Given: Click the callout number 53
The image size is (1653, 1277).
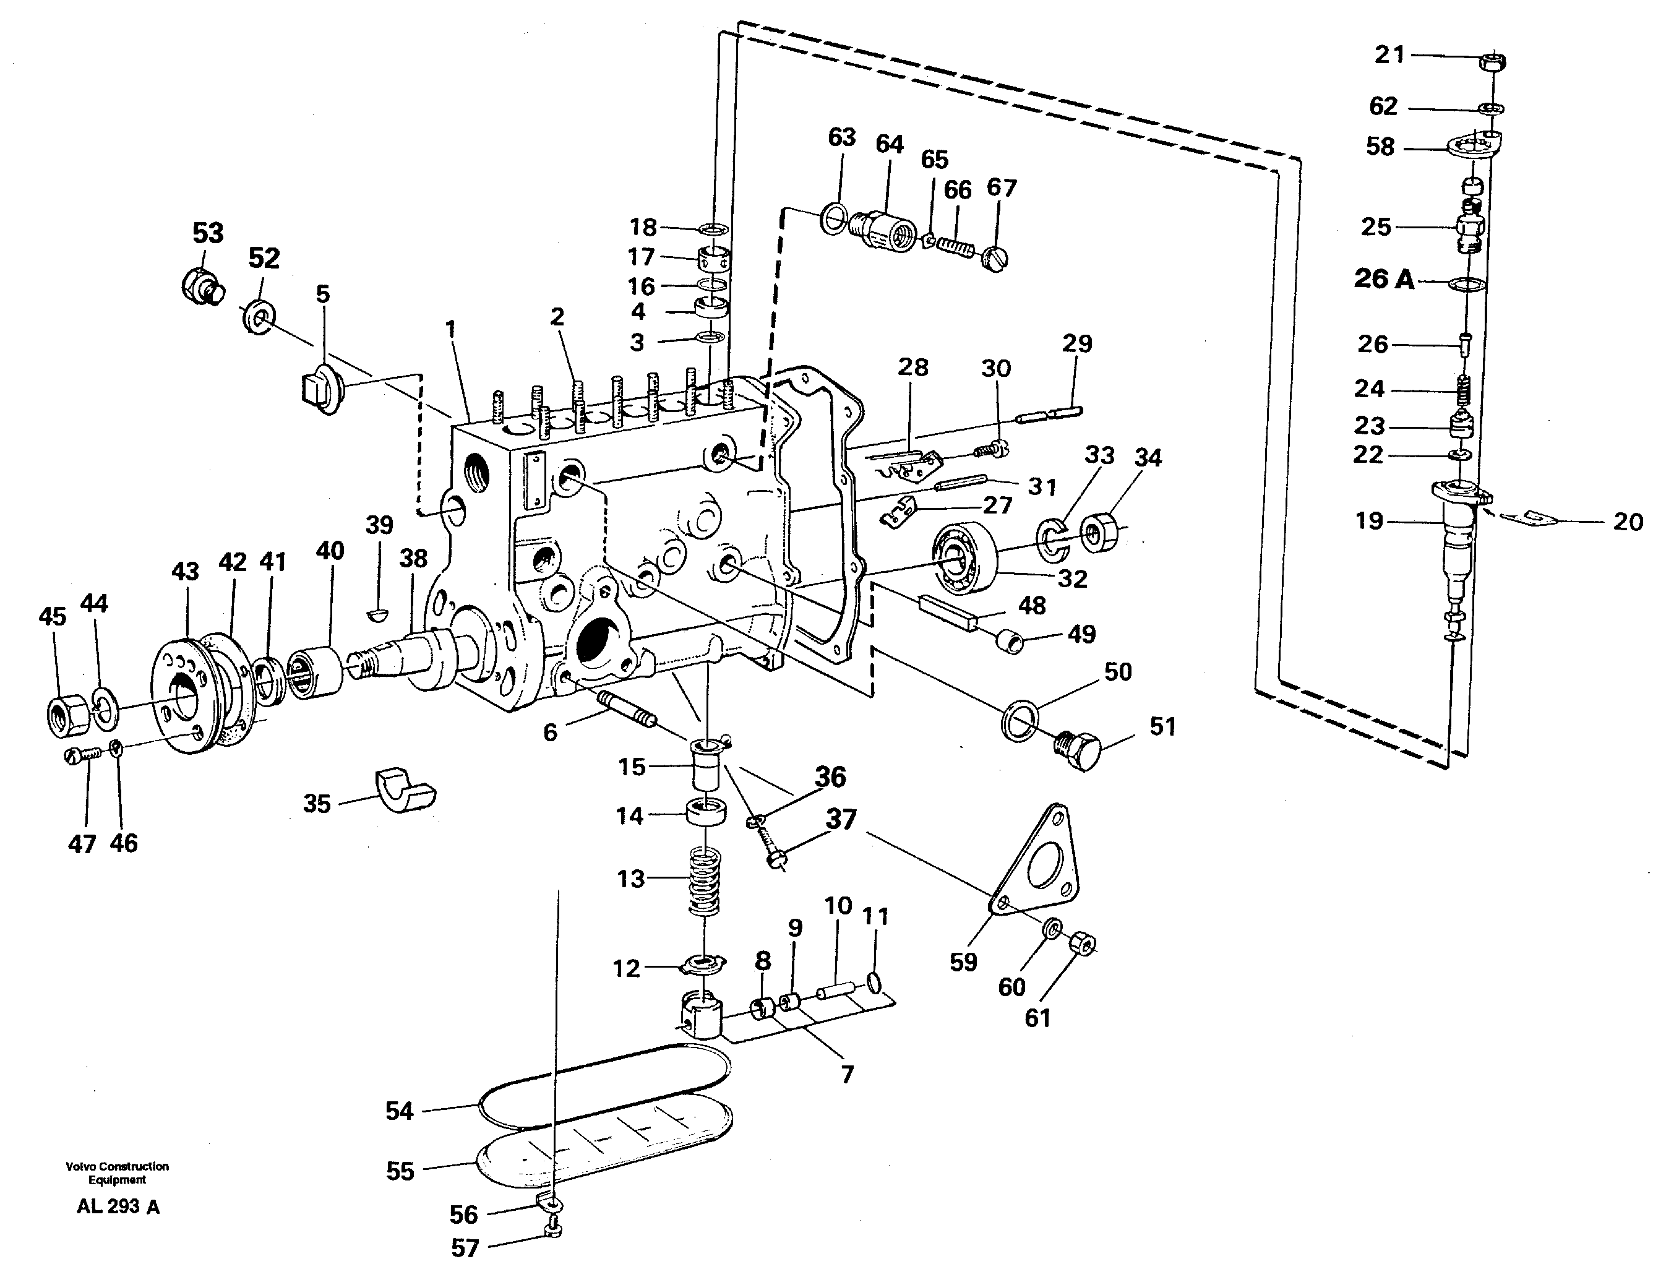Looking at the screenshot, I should pos(208,233).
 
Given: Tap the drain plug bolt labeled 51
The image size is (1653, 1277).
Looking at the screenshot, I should pos(1077,749).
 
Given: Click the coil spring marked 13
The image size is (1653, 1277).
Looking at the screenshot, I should pos(706,880).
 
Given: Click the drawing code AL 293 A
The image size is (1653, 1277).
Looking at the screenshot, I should pos(118,1206).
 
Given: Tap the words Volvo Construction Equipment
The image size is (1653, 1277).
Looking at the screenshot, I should pos(118,1172).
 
